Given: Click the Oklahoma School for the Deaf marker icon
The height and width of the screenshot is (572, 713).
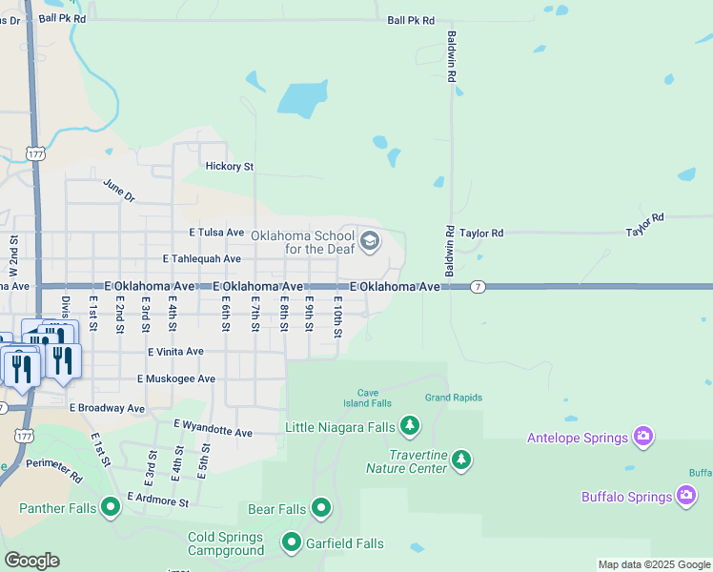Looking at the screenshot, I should coord(371,241).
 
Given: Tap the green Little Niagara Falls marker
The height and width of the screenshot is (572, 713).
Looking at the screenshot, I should coord(410,424).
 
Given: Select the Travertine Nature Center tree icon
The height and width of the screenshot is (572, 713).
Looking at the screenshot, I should coord(461,460).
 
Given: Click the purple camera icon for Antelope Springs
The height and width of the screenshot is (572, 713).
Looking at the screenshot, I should coord(644,437).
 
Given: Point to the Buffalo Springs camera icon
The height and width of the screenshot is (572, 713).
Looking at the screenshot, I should coord(686,495).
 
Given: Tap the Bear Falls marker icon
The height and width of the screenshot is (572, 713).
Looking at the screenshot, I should coord(321,508).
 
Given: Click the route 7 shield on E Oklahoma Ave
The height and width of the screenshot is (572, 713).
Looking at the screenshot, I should coord(478,286).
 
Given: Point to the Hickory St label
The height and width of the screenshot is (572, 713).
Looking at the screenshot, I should coord(230,166).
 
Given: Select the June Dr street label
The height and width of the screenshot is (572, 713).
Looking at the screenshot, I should coord(119,191).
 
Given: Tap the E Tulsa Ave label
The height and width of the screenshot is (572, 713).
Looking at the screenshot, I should coord(217,232).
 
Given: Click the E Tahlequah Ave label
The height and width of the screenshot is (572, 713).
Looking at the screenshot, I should coord(202,258).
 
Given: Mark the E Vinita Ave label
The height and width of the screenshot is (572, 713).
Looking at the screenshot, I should coord(175,351).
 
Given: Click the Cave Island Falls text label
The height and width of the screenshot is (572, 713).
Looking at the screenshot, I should coord(375,398).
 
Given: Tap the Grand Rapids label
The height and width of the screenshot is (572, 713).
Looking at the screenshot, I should coord(454,398).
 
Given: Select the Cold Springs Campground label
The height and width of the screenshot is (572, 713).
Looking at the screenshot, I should coord(226,544).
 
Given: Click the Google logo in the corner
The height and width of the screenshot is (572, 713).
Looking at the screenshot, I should coord(31,561).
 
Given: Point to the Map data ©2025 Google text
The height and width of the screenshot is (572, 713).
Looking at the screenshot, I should coord(654,564).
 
